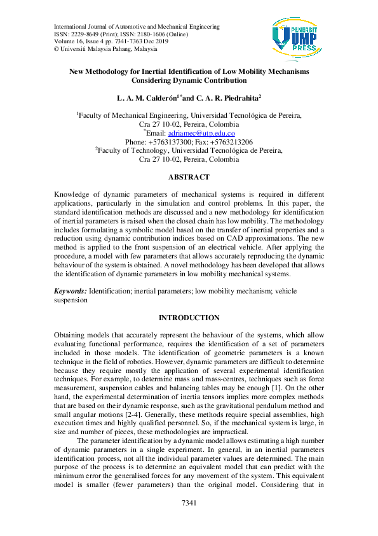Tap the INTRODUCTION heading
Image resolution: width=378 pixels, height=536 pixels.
coord(189,318)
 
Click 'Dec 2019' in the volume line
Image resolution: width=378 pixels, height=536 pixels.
coord(155,41)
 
